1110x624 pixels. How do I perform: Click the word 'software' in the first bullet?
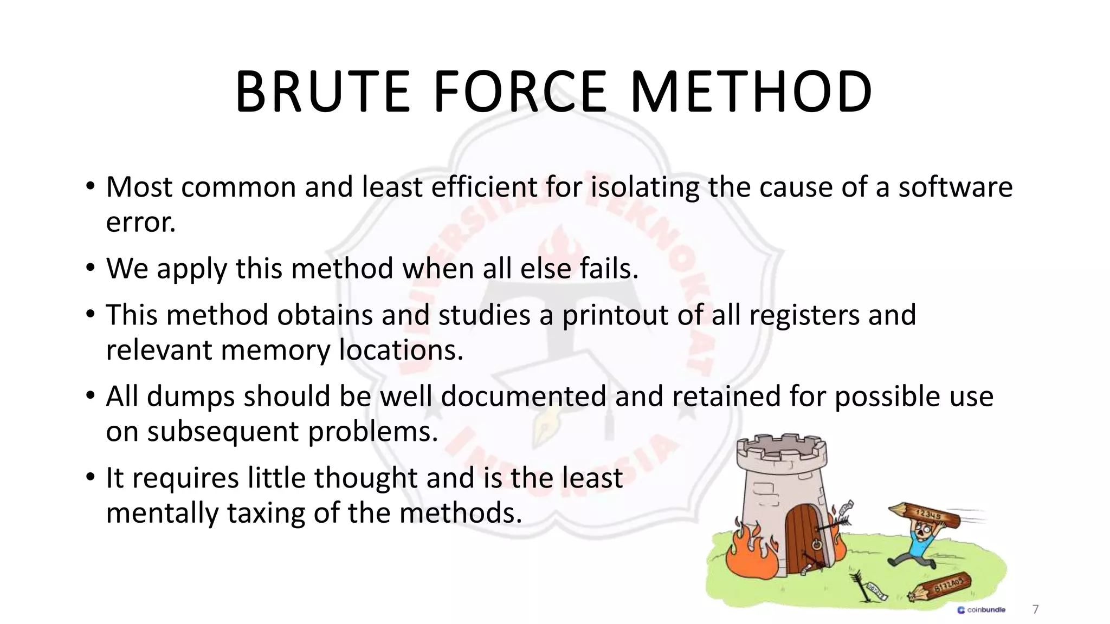[x=955, y=187]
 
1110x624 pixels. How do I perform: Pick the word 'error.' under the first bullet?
[x=140, y=223]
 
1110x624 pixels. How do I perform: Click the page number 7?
[x=1035, y=609]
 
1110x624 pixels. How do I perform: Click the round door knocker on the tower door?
[x=816, y=544]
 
